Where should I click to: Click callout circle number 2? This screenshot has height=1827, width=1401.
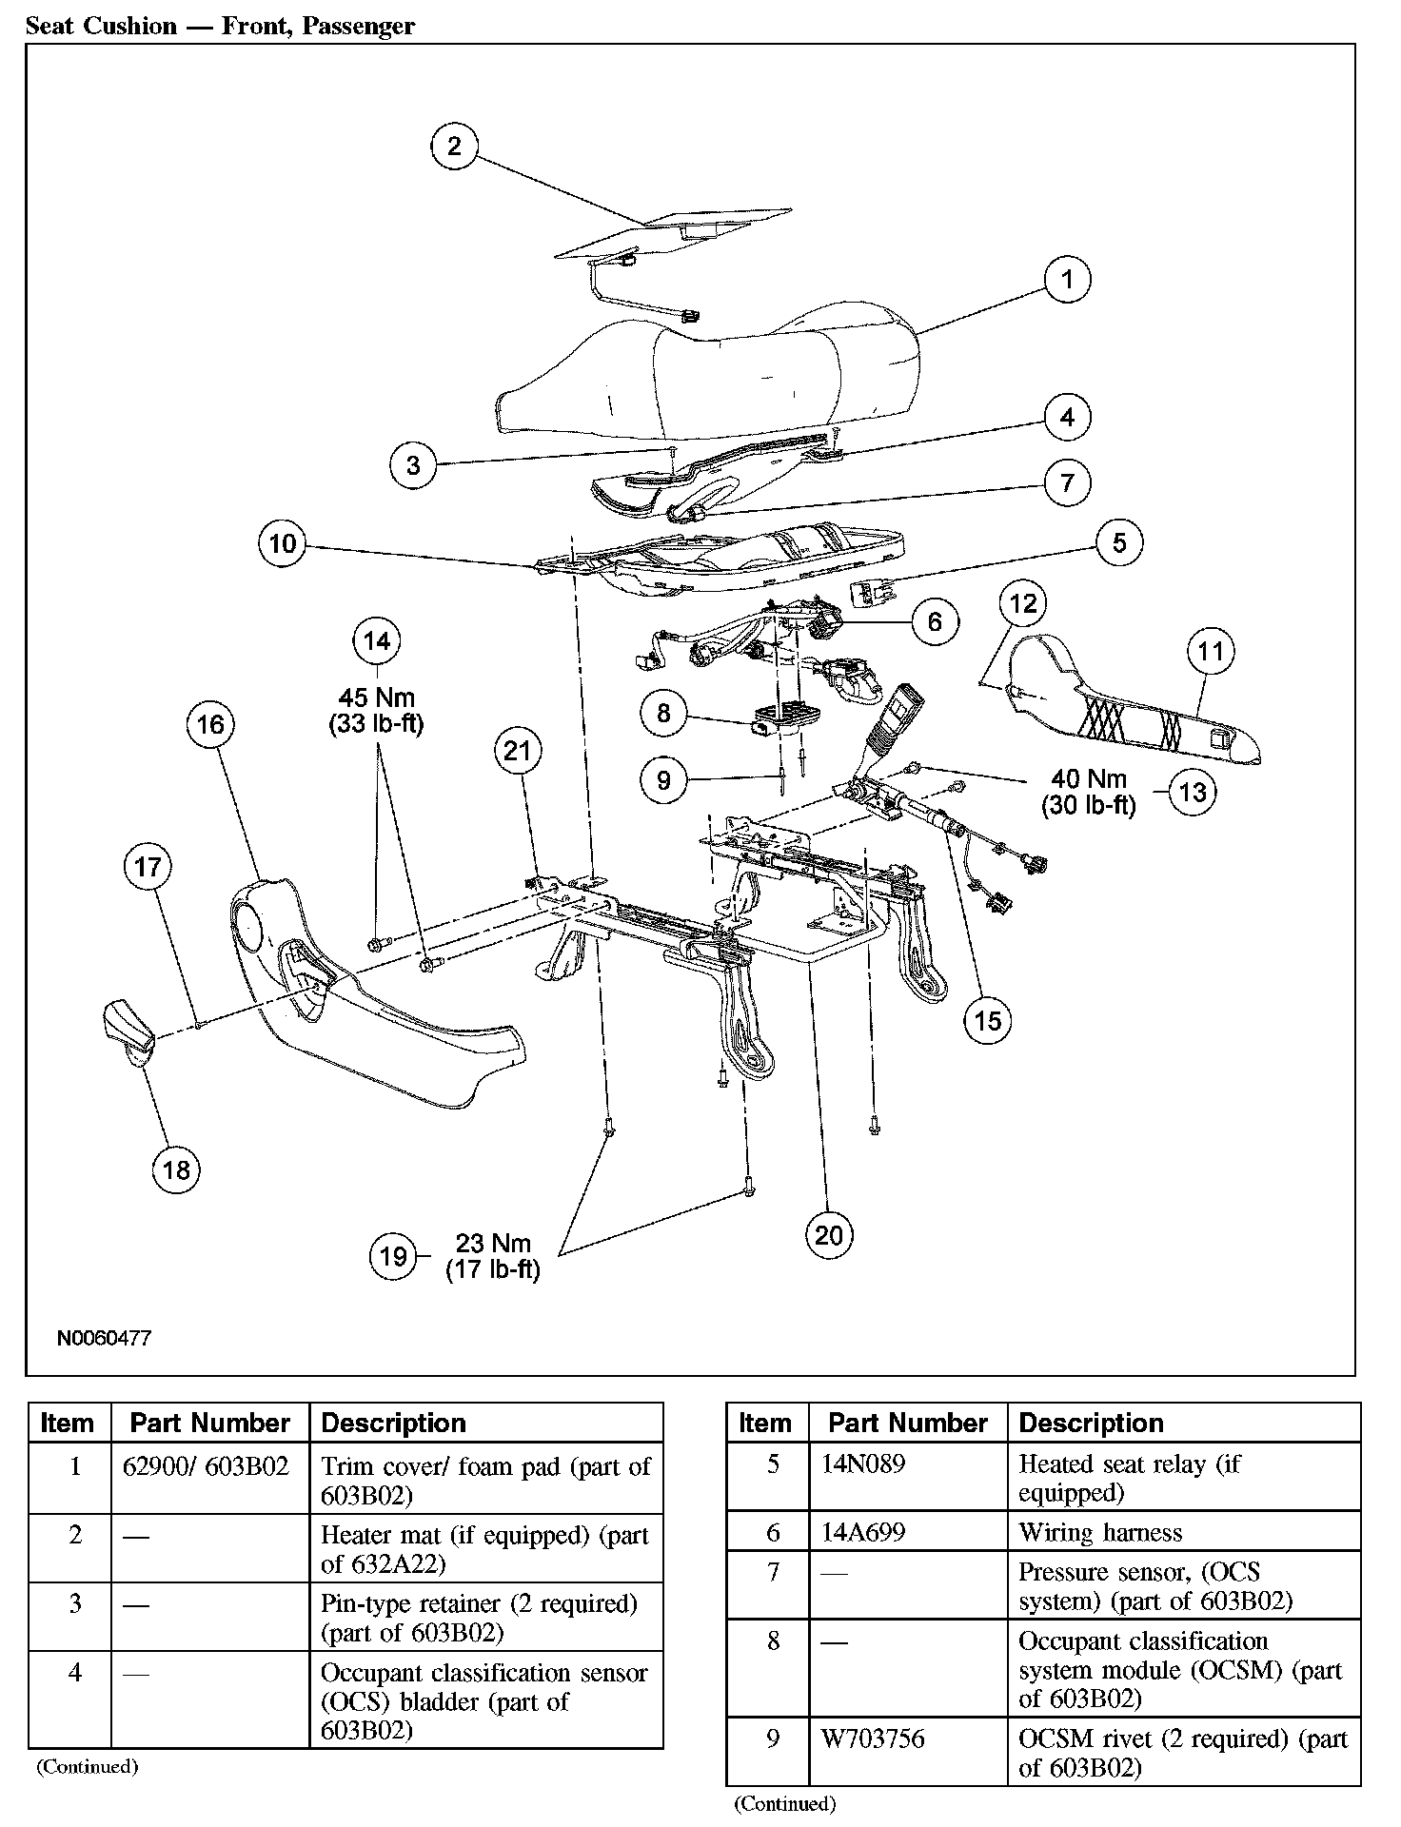(x=454, y=146)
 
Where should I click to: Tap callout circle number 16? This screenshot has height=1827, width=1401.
(x=210, y=724)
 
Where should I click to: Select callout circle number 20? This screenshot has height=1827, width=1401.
(x=829, y=1234)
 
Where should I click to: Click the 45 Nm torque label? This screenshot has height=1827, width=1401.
(x=377, y=697)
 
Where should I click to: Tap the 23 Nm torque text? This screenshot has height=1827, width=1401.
(x=493, y=1243)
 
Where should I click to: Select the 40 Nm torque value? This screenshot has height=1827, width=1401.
(x=1089, y=779)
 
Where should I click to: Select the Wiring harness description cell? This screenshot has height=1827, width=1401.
(x=1100, y=1532)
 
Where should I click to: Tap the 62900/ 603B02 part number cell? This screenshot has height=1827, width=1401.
(x=206, y=1465)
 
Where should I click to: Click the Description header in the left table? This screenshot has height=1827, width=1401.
(x=394, y=1423)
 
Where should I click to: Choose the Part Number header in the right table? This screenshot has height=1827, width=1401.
(x=908, y=1423)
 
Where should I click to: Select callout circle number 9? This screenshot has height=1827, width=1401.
(x=663, y=780)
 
